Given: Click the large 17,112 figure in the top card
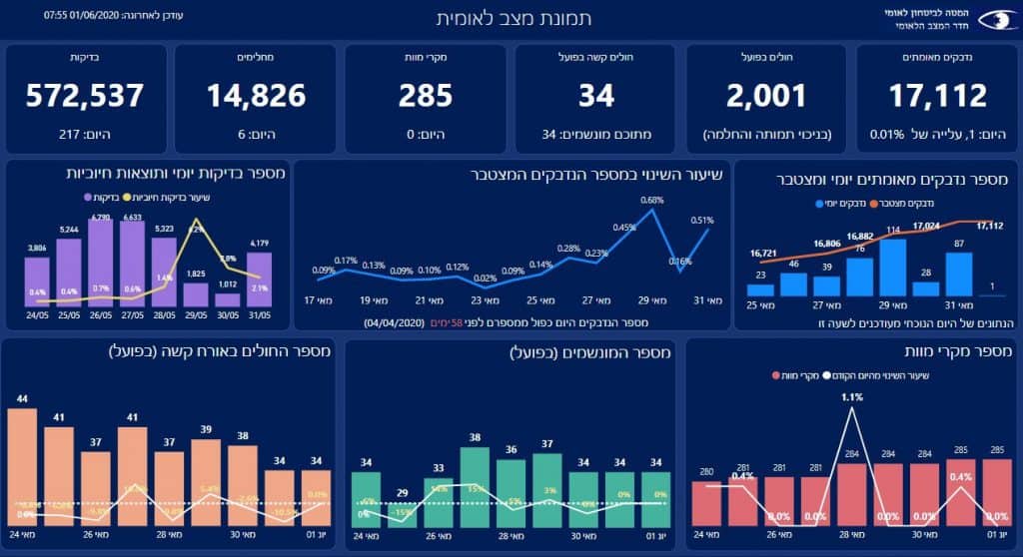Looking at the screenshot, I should (937, 96).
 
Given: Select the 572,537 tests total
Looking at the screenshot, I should (85, 96).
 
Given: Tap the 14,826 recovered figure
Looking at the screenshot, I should (256, 96).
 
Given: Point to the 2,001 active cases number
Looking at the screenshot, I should (766, 96).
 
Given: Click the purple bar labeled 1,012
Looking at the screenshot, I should (228, 298).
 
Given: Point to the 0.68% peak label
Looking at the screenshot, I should (652, 201).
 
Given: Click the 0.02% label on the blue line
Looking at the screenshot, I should (486, 278).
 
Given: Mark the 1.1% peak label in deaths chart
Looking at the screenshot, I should (852, 396).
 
